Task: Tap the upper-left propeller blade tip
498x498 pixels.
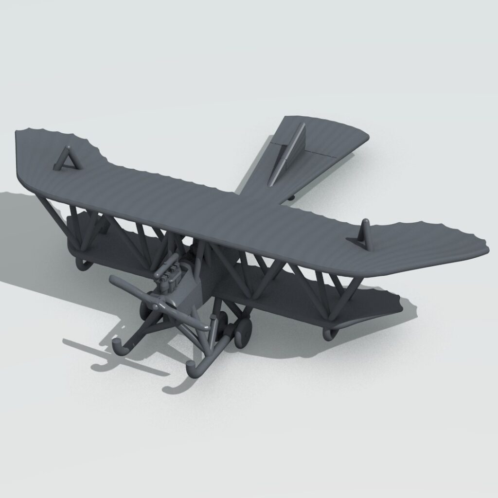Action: (x=113, y=280)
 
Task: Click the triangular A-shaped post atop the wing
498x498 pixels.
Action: (x=66, y=159)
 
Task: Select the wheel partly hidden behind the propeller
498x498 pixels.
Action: (x=145, y=309)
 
